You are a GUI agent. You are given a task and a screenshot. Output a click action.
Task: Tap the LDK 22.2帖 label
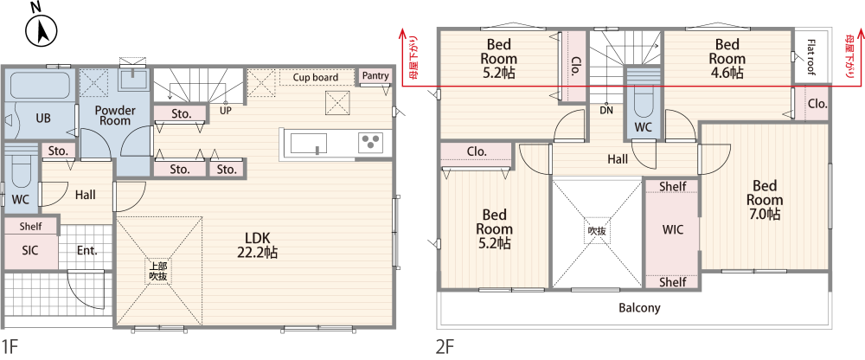(x=258, y=245)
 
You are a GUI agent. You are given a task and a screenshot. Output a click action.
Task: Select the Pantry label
(x=375, y=75)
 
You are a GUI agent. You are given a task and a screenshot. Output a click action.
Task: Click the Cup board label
(x=316, y=77)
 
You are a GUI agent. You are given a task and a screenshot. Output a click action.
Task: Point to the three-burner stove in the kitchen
(x=371, y=143)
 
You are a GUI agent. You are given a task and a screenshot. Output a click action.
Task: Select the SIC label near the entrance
(x=29, y=250)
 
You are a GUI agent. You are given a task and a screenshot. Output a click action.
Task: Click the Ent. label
(x=87, y=250)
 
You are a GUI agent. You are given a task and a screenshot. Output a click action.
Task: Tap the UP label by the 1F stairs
(x=226, y=110)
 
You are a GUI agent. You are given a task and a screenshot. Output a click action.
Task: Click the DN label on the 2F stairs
(x=606, y=110)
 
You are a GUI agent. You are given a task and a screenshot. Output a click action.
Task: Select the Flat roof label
(x=811, y=55)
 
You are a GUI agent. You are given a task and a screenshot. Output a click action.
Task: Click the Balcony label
(x=639, y=307)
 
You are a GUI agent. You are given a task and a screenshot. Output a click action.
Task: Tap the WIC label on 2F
(x=672, y=229)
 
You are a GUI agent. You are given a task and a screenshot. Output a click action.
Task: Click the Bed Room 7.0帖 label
(x=765, y=199)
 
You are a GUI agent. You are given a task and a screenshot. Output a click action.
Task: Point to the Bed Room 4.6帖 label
(x=727, y=58)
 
